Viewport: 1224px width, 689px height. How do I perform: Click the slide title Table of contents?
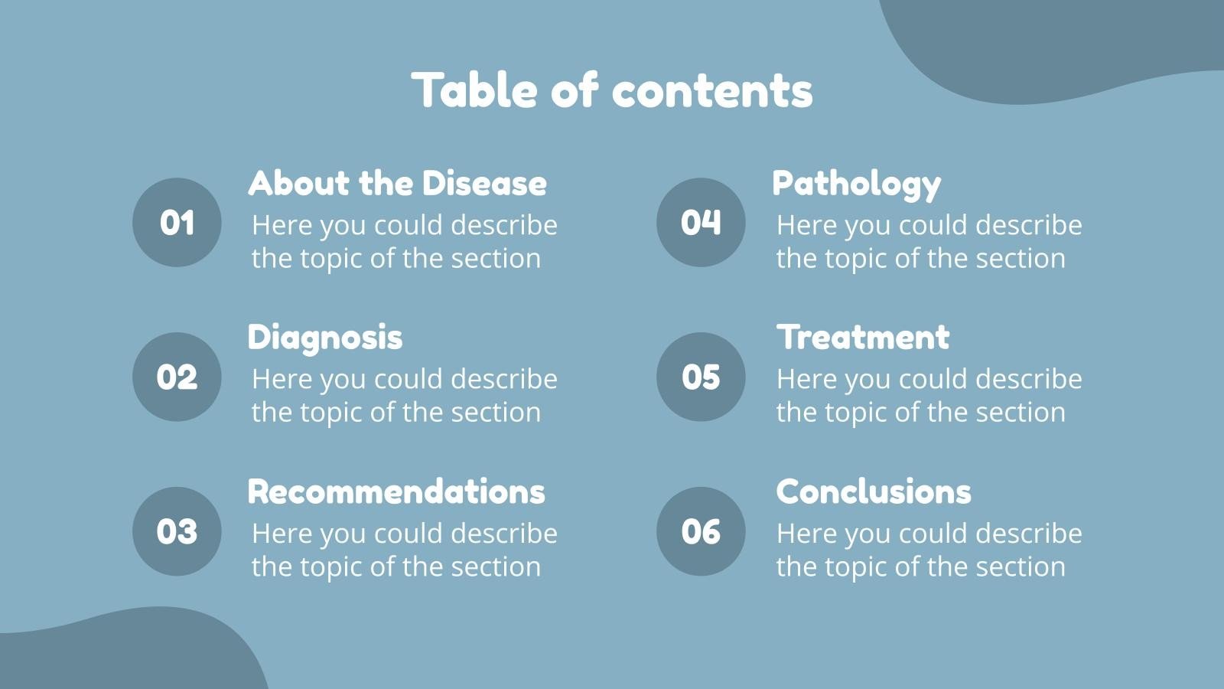point(612,90)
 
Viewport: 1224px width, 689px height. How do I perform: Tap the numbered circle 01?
point(177,223)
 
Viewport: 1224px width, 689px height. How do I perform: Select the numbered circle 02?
point(177,377)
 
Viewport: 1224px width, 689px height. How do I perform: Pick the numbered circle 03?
point(177,531)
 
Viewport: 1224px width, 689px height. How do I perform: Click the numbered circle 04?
point(701,223)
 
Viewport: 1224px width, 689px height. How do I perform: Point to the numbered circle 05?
point(701,377)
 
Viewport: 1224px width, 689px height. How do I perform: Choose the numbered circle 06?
point(701,531)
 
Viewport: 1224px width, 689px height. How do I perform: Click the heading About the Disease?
point(397,184)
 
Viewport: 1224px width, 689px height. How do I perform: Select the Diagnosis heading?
point(324,338)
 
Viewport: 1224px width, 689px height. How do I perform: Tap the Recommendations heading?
point(396,491)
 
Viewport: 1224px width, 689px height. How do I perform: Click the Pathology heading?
point(856,184)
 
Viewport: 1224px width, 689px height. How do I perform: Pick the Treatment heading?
point(863,338)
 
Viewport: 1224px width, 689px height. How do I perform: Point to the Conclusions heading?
point(874,491)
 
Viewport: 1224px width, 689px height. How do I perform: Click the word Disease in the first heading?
point(484,184)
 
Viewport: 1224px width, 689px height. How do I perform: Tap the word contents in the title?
point(712,90)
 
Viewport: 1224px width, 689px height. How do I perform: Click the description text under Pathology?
point(929,242)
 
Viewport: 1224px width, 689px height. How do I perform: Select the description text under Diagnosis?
point(404,396)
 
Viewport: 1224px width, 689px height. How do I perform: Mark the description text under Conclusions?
point(929,550)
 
